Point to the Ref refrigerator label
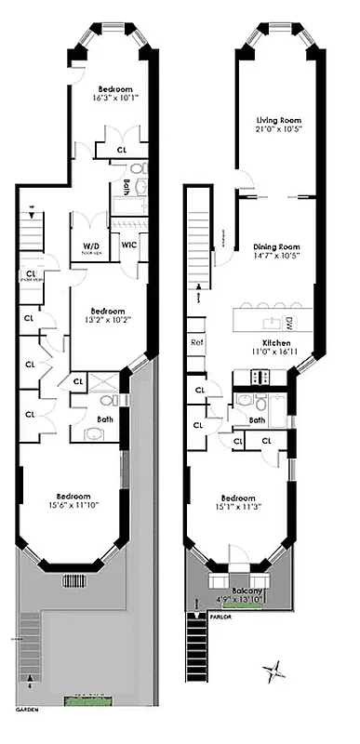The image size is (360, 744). click(x=197, y=341)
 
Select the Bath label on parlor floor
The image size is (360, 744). click(x=258, y=418)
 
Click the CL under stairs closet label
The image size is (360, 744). click(x=31, y=276)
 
